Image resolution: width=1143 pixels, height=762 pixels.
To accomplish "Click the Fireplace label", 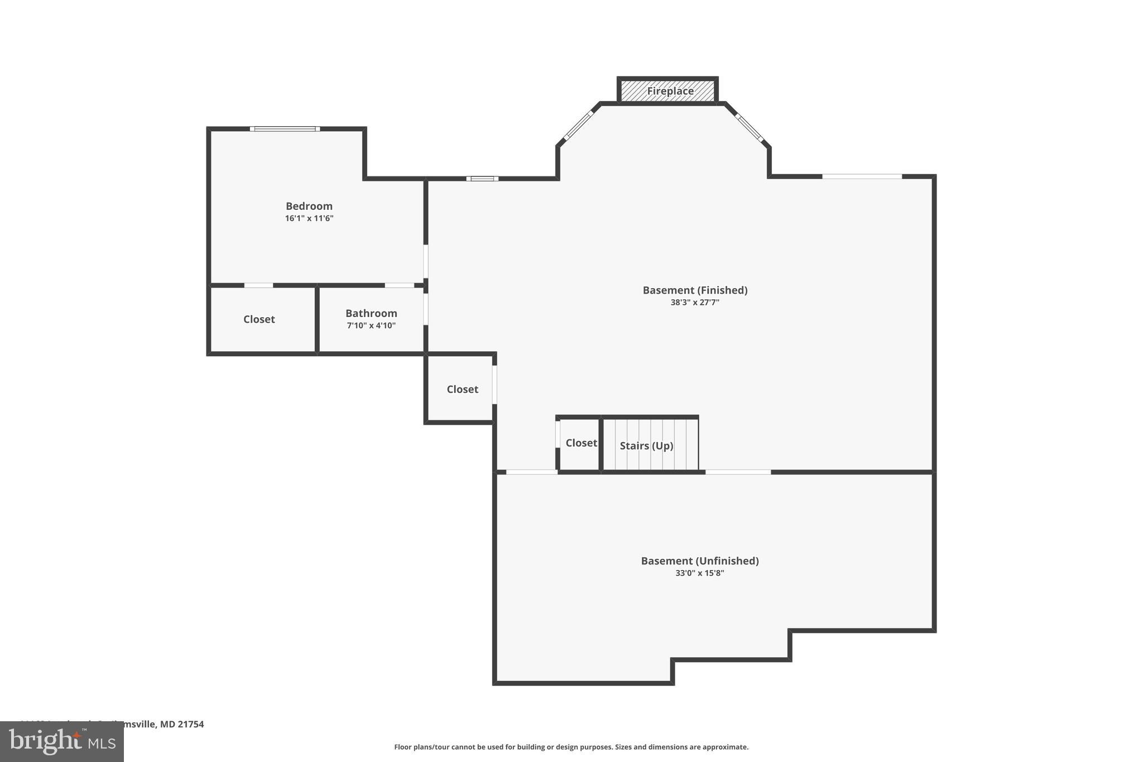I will click(x=670, y=91).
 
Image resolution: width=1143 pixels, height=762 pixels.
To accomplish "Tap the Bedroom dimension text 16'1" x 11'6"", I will click(x=309, y=218).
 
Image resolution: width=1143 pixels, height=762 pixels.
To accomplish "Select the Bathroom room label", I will click(x=371, y=313).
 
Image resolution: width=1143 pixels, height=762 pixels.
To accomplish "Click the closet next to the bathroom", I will click(x=259, y=319).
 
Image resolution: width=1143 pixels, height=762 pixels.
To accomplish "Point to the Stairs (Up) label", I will click(x=646, y=445).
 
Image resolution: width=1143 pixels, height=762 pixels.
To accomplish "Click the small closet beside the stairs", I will click(x=581, y=443).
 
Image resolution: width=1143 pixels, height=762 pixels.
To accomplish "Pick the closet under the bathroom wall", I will click(x=462, y=389).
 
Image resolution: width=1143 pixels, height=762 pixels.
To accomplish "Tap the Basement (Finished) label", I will click(x=695, y=290).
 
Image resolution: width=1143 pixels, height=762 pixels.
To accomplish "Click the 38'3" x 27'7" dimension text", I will click(x=695, y=303).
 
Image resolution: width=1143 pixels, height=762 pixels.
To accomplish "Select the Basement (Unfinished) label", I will click(x=699, y=560).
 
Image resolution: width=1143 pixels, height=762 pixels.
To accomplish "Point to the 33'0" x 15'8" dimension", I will click(x=699, y=573).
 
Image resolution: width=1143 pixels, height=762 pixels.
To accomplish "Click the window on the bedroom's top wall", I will click(x=285, y=129).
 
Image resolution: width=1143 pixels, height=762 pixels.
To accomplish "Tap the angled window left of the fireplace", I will click(x=578, y=126).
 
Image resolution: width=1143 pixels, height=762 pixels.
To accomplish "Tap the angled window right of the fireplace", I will click(x=749, y=127).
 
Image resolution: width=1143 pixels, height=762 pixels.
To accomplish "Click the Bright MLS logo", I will click(x=62, y=742).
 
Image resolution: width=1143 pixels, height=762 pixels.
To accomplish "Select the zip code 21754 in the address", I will click(x=192, y=724).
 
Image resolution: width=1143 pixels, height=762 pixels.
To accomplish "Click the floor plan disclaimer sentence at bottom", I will click(x=571, y=747).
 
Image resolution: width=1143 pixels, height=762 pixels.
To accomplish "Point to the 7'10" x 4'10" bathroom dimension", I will click(x=371, y=325).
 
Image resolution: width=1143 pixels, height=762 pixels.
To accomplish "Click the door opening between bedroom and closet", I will click(x=258, y=285).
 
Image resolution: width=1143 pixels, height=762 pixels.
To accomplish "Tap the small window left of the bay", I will click(x=482, y=179).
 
